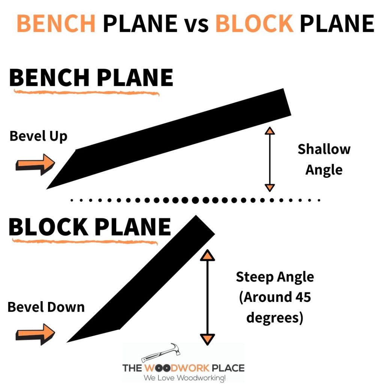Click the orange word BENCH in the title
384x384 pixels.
click(x=56, y=23)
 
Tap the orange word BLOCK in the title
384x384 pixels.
click(x=255, y=23)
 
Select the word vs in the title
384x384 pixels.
click(x=196, y=25)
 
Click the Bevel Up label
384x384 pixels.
click(x=39, y=136)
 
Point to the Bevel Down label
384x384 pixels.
click(x=46, y=307)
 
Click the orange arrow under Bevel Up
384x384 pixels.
click(x=35, y=164)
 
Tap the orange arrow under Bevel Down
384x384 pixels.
click(x=35, y=334)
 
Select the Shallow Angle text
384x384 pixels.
click(x=324, y=159)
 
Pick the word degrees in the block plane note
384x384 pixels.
click(x=272, y=317)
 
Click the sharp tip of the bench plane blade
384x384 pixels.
click(x=47, y=189)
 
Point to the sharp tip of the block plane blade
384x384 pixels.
click(x=67, y=342)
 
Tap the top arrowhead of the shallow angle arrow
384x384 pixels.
click(x=270, y=131)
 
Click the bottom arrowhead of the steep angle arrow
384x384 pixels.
click(x=207, y=339)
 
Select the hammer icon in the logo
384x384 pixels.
click(x=161, y=352)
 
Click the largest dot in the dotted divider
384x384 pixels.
click(x=195, y=200)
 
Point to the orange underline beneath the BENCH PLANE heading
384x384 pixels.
click(x=87, y=93)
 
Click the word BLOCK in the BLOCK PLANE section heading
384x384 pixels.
click(x=48, y=227)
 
